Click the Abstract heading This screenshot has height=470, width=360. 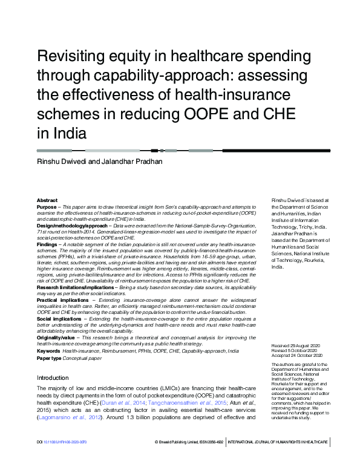(x=47, y=200)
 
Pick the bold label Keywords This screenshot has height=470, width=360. (x=48, y=351)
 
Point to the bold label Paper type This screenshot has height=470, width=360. (x=50, y=358)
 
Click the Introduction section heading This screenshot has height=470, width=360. (x=53, y=377)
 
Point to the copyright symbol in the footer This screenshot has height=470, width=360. (x=156, y=459)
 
